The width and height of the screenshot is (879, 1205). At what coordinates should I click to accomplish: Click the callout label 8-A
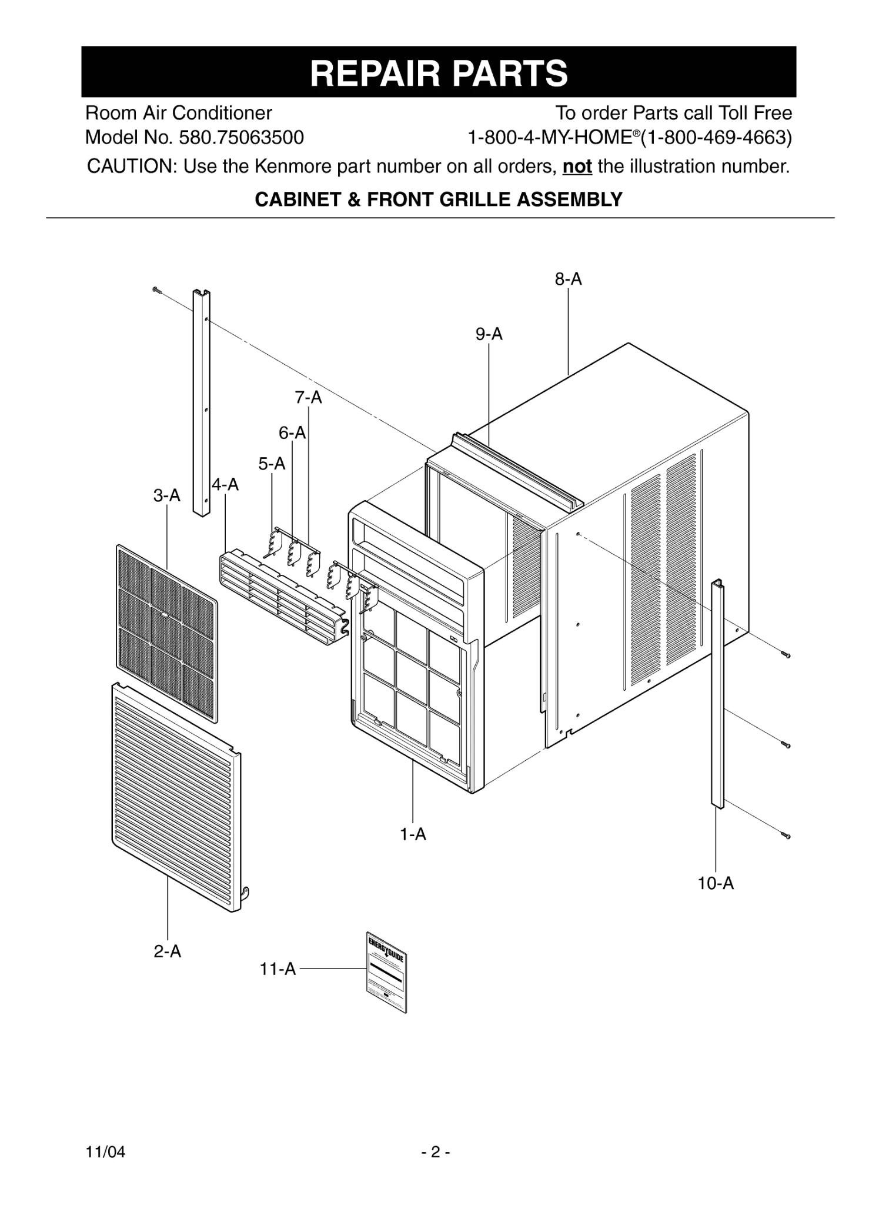tap(568, 279)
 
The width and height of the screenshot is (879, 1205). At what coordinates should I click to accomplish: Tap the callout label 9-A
tap(489, 334)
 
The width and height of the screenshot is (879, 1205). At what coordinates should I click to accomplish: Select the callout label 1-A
tap(413, 834)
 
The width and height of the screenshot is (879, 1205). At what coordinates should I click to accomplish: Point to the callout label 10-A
tap(716, 883)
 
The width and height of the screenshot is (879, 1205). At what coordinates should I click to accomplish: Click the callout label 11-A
tap(278, 968)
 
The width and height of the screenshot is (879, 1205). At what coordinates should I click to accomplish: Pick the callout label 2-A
tap(168, 951)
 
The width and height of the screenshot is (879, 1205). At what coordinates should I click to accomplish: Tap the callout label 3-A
tap(167, 495)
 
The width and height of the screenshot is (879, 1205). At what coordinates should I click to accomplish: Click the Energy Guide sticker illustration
tap(386, 972)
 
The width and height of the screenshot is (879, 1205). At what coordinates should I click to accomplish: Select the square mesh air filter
tap(167, 633)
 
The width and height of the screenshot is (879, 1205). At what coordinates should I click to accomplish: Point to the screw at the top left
tap(156, 289)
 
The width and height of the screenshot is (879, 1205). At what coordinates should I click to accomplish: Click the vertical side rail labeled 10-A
tap(718, 694)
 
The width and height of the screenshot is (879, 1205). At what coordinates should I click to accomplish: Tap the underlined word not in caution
tap(577, 167)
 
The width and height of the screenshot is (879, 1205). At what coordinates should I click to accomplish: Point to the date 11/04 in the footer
tap(105, 1151)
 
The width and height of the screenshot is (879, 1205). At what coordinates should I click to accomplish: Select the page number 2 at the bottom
tap(435, 1151)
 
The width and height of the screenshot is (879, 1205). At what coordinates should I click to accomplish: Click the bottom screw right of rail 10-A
tap(787, 835)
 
